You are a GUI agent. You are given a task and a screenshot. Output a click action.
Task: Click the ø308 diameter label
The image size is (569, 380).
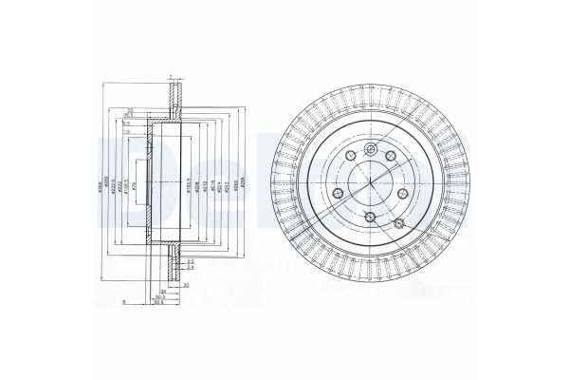tap(100, 187)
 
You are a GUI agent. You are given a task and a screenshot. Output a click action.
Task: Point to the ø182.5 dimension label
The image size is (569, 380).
tap(190, 187)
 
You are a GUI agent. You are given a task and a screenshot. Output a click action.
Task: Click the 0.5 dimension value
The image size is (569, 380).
tap(191, 261)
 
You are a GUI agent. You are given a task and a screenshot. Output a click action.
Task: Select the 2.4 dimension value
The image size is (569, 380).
tap(191, 269)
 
